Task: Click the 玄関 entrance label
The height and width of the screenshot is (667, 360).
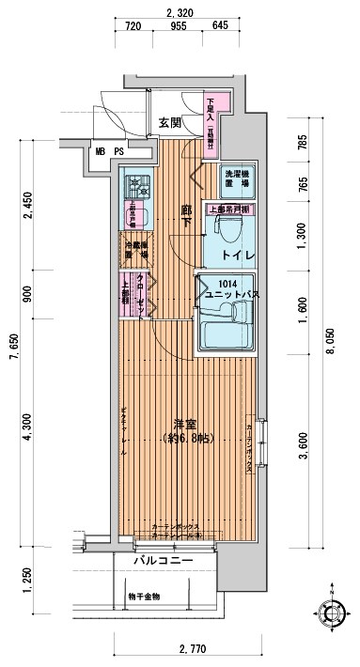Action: coord(169,122)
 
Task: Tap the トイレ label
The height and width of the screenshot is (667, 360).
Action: coord(225,254)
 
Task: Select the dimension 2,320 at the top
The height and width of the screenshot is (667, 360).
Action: coord(179,11)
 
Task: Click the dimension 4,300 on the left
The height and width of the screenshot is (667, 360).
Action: coord(28,427)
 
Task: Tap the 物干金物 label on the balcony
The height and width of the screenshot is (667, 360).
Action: coord(144,596)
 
